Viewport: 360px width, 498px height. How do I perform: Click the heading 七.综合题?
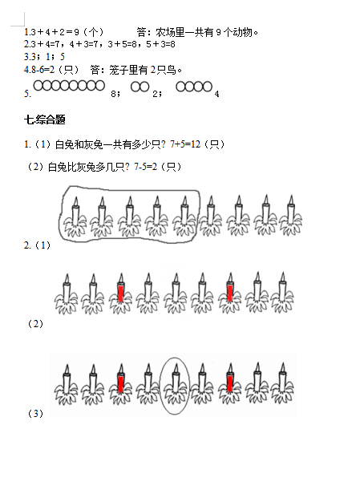pos(45,119)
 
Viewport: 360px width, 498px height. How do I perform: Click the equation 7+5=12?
pos(185,144)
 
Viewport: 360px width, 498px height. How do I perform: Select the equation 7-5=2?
pos(146,167)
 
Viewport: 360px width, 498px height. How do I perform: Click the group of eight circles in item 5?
pos(69,86)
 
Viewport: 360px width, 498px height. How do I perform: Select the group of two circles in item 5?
pos(140,87)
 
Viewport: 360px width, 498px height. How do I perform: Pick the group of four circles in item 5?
pos(194,87)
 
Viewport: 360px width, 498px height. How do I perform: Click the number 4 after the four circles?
pos(216,94)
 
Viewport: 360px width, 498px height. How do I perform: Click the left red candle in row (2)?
pos(120,293)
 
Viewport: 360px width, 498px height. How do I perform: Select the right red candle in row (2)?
pos(230,293)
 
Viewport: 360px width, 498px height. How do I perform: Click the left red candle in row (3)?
pos(120,383)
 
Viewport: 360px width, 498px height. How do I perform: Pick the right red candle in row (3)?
pos(230,383)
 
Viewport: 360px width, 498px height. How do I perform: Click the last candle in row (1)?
pos(291,216)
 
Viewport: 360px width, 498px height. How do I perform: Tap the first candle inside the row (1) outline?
pos(75,217)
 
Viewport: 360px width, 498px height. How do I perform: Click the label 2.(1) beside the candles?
pos(37,245)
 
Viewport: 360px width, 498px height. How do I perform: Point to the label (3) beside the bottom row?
pos(35,414)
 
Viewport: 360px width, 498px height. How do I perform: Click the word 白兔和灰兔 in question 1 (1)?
pos(79,144)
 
